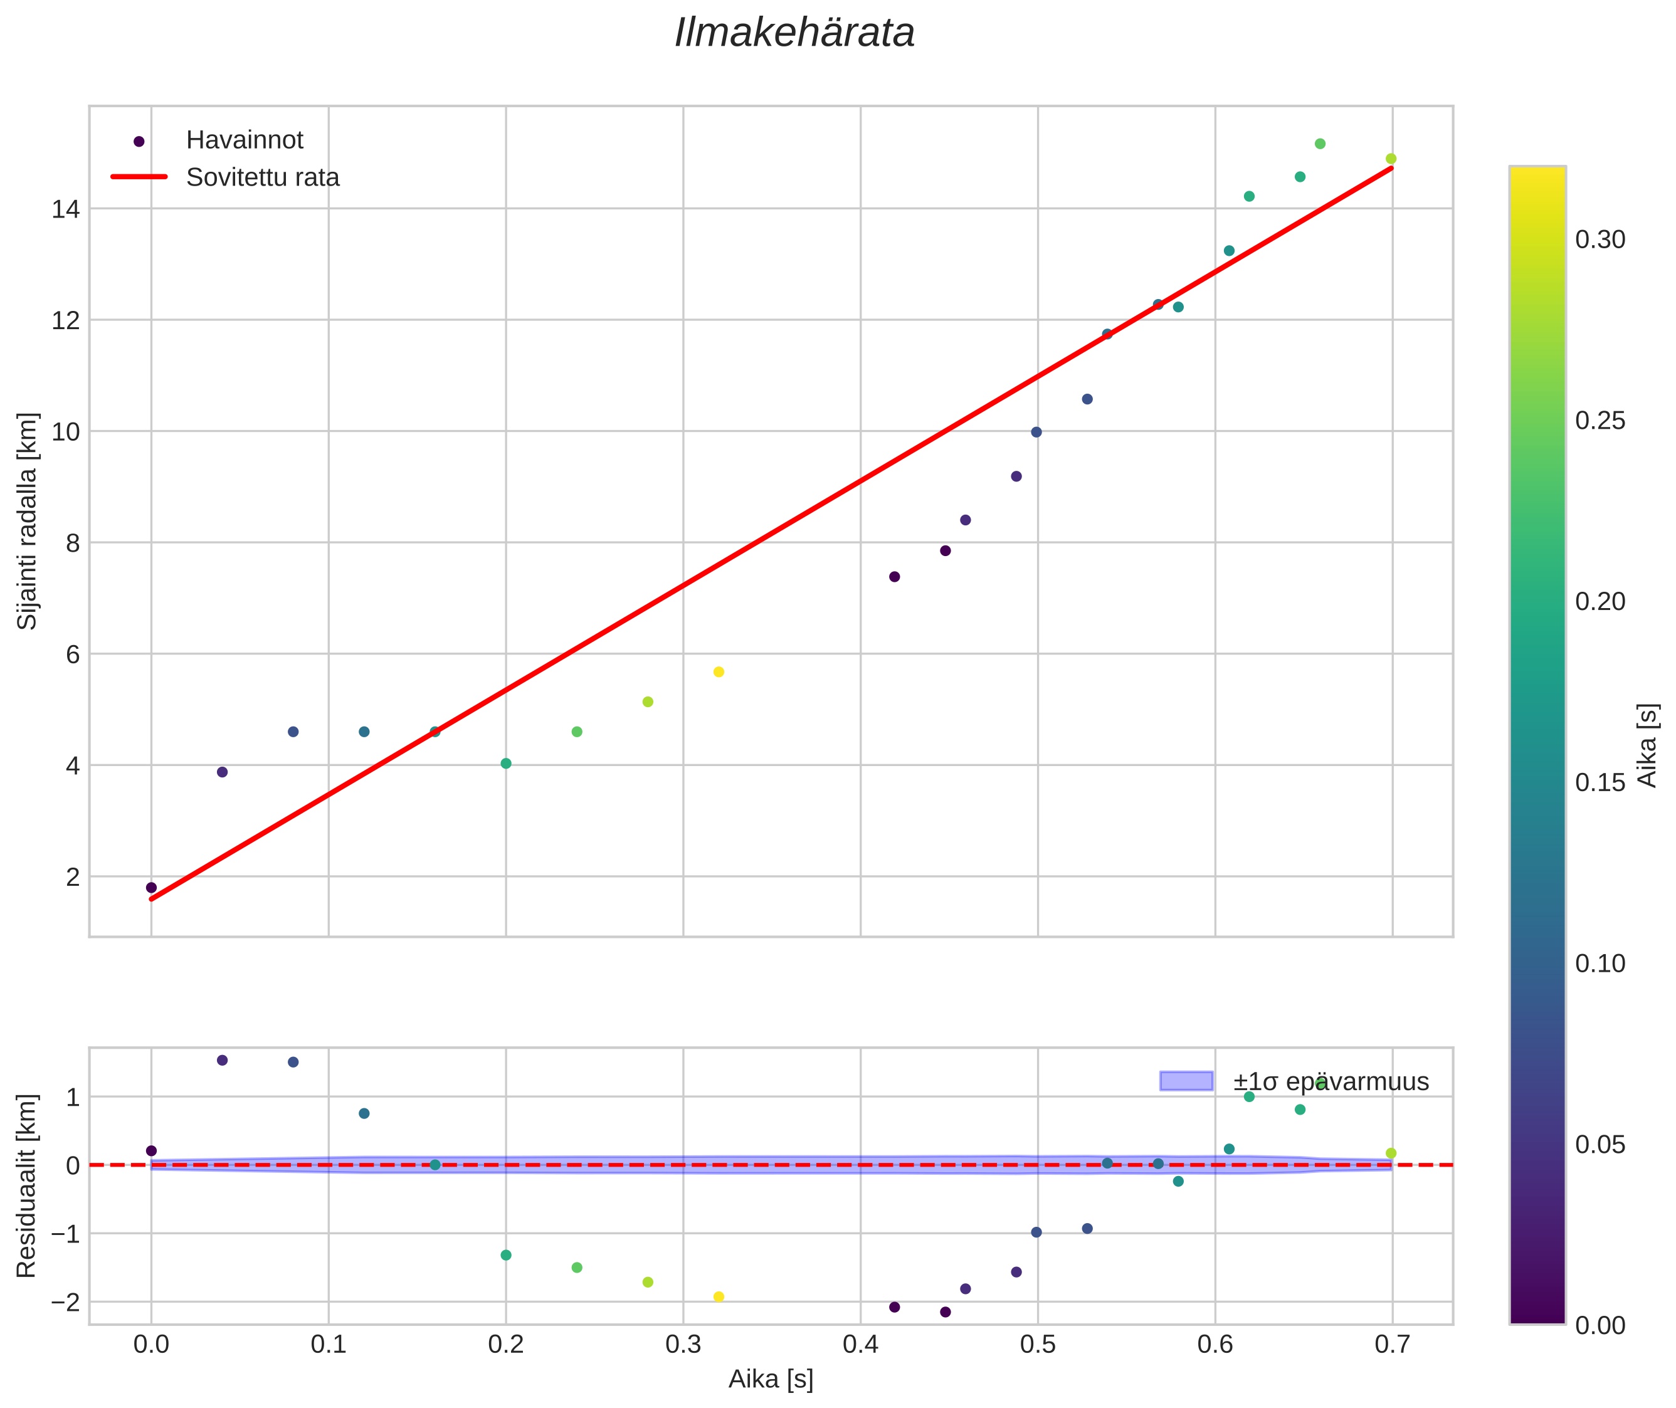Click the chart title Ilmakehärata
coord(794,33)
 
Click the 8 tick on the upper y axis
coord(73,544)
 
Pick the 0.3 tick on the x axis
coord(683,1345)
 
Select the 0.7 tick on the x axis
coord(1392,1345)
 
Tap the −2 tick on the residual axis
coord(65,1303)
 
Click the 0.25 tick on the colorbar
coord(1600,421)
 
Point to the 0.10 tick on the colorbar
coord(1600,964)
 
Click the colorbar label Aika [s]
coord(1647,745)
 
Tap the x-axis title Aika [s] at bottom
coord(771,1379)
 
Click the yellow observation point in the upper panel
coord(719,672)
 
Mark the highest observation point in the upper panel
coord(1320,144)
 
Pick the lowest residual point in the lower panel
coord(946,1312)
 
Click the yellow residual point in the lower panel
coord(719,1297)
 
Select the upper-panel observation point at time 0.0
coord(152,888)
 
